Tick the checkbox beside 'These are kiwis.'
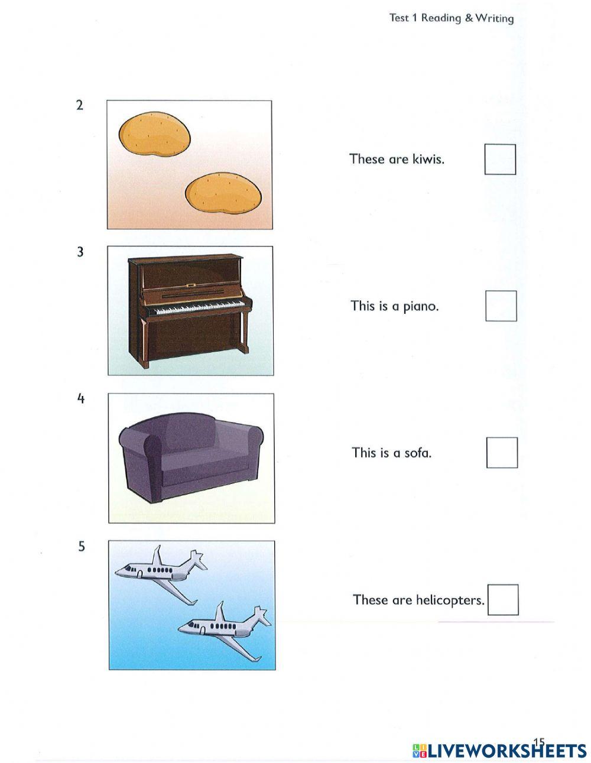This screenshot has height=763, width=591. (500, 160)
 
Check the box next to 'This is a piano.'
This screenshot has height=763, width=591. (501, 306)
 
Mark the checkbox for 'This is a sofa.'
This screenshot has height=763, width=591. (502, 453)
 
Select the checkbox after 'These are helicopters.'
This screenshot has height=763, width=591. (503, 600)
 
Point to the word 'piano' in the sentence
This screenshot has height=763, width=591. (421, 306)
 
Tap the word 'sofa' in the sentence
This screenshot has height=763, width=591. (417, 453)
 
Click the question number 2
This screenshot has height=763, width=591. (80, 105)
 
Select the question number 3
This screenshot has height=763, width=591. (80, 252)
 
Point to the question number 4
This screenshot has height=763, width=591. (81, 399)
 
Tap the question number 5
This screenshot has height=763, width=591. (82, 547)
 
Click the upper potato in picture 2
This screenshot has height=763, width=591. (154, 135)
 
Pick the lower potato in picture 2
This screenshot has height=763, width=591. (223, 193)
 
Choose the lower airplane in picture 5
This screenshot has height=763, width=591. (225, 628)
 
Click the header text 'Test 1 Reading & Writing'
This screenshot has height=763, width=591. (452, 18)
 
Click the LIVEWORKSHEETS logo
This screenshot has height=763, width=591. (499, 751)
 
